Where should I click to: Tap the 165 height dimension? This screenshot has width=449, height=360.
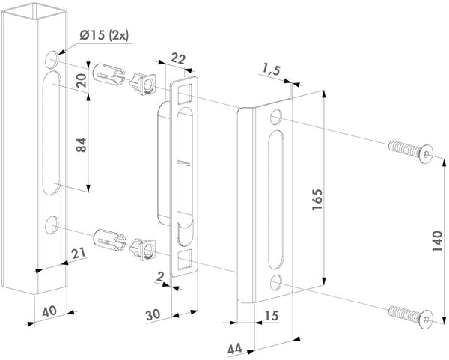click(x=317, y=197)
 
